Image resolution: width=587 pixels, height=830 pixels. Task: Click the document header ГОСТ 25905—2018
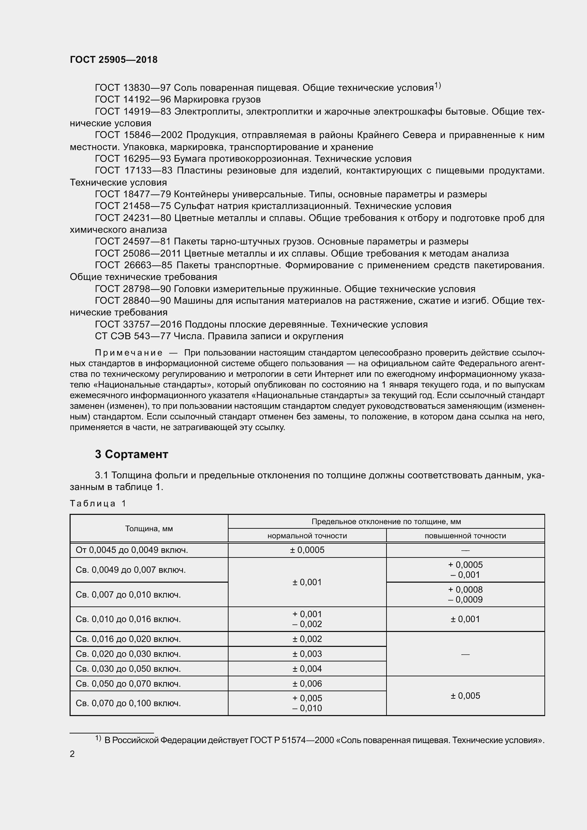pos(114,60)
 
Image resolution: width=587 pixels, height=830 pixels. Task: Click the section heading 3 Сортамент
pos(132,455)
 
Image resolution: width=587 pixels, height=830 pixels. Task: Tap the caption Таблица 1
pos(98,504)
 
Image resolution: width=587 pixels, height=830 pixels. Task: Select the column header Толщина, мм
pos(149,528)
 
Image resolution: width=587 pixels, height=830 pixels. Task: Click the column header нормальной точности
pos(307,536)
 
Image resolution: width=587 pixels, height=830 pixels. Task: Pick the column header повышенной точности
pos(465,536)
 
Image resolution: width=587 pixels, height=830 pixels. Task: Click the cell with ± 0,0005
pos(307,550)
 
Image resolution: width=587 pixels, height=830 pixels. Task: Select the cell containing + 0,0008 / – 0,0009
pos(465,595)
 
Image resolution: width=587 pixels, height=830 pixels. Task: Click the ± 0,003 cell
pos(307,654)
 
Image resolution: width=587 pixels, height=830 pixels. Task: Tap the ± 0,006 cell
pos(307,683)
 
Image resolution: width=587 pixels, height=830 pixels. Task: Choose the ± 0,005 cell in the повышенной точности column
pos(465,696)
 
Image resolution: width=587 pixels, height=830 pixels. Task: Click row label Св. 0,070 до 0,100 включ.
pos(128,703)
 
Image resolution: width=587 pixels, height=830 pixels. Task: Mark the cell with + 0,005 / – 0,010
pos(307,703)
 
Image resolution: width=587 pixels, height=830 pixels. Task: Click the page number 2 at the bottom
pos(72,754)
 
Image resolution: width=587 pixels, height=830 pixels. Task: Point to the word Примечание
pos(129,353)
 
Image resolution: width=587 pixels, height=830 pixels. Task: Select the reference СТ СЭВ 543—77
pos(133,336)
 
